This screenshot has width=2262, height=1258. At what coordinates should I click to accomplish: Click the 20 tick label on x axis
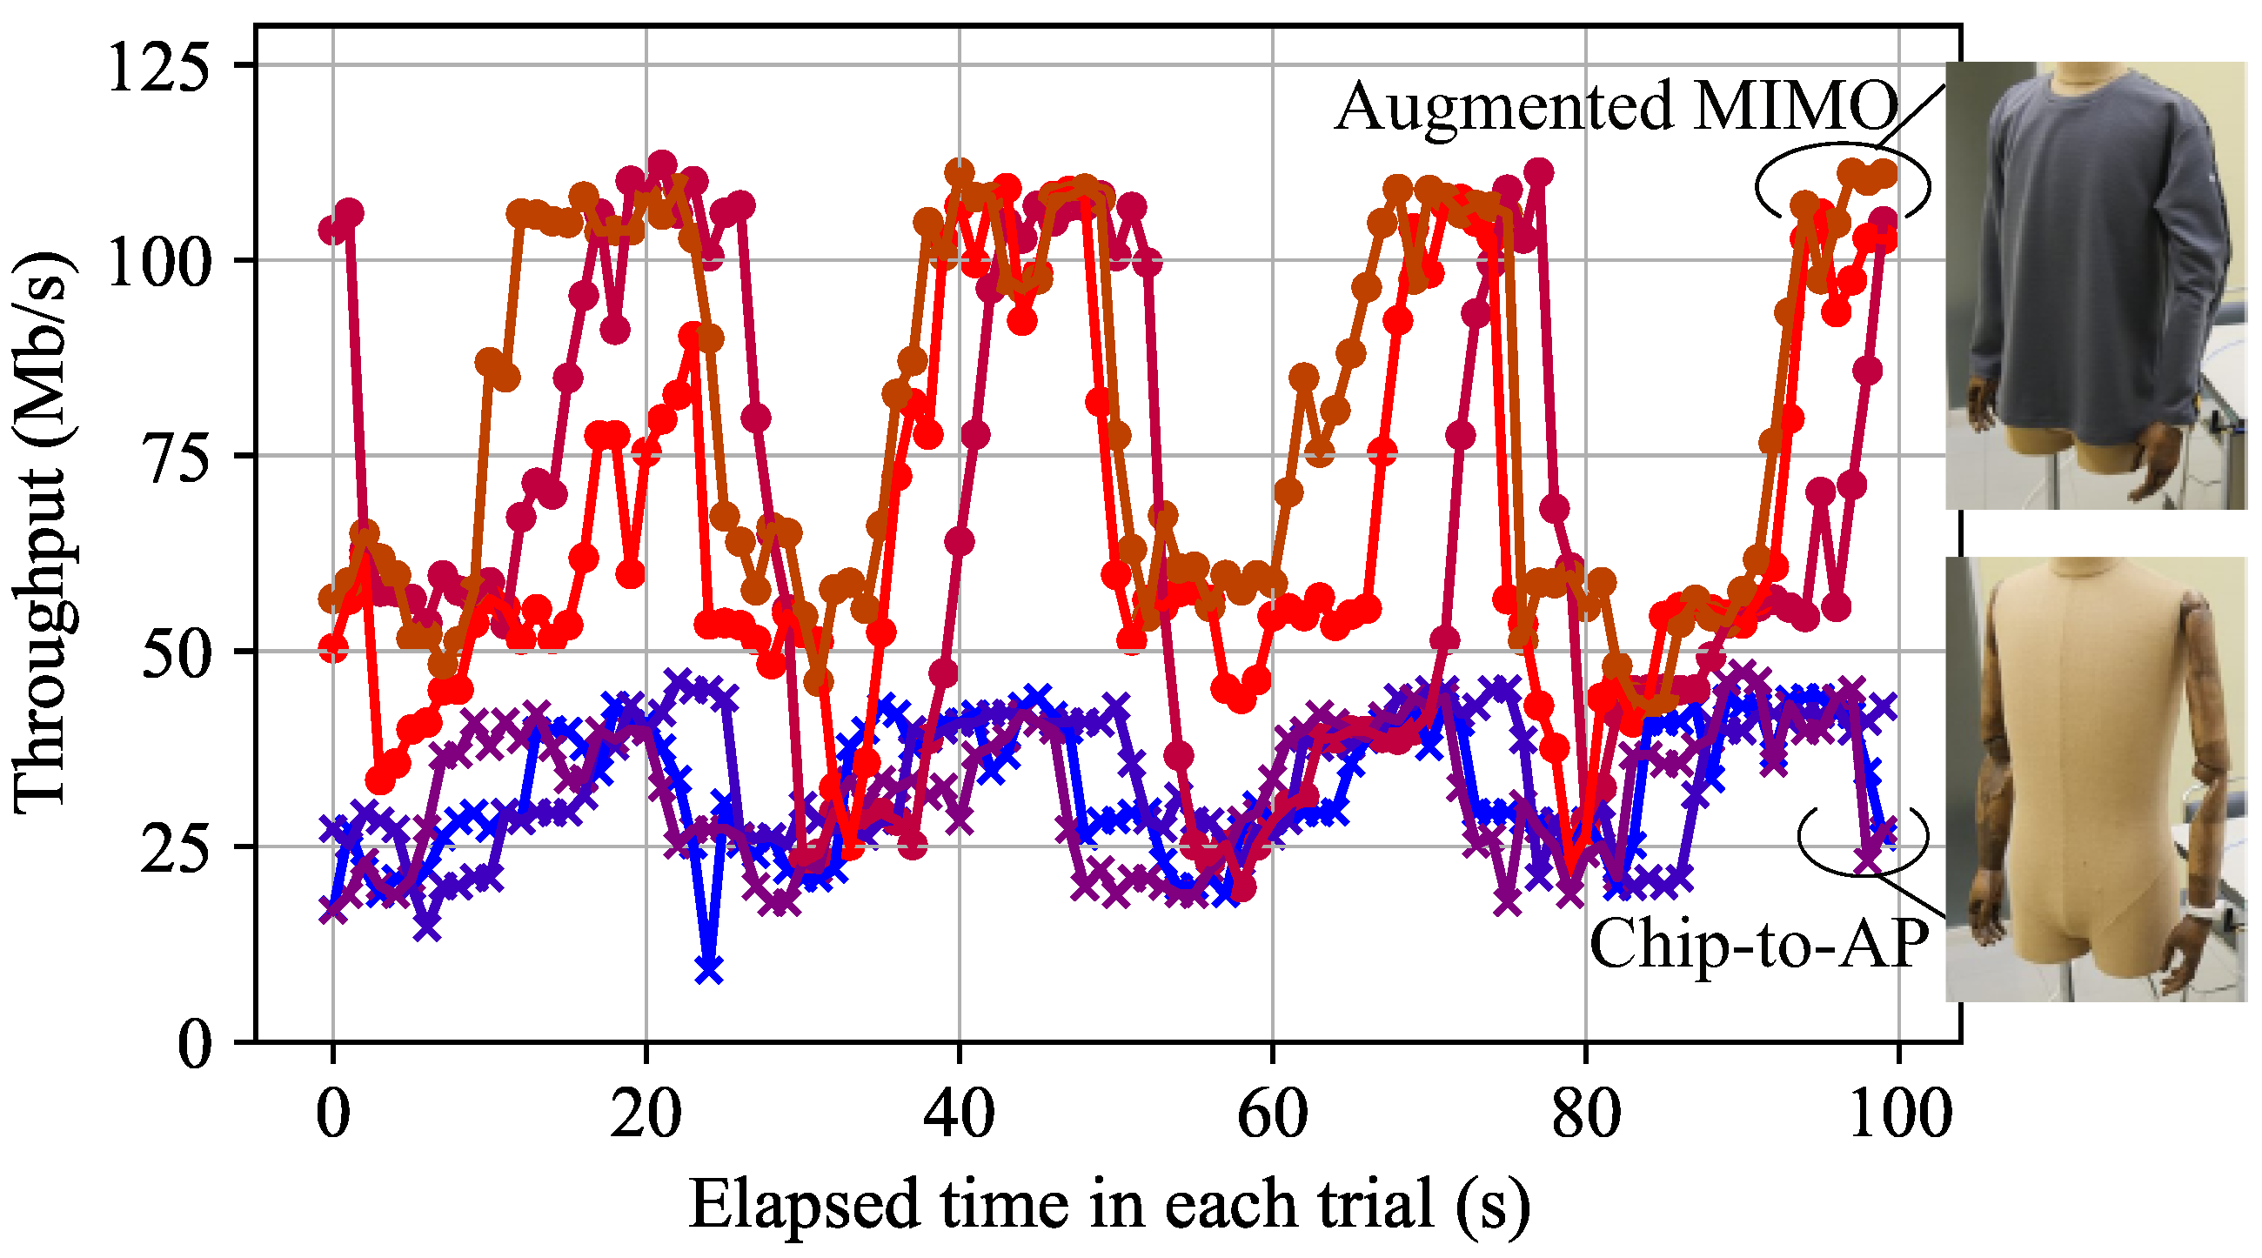pos(646,1115)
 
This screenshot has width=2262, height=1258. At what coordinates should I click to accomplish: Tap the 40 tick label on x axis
pos(960,1115)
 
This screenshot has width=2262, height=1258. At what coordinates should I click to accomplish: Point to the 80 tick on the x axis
pos(1586,1115)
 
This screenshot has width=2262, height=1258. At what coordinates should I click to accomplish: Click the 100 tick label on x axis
pos(1899,1115)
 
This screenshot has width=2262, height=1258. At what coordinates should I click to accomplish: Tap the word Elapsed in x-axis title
pos(805,1205)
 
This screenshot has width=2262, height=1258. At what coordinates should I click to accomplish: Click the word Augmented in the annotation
pos(1503,107)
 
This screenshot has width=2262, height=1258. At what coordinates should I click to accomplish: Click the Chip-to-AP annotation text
pos(1759,944)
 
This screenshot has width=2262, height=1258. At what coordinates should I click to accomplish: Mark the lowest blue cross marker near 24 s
pos(710,969)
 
